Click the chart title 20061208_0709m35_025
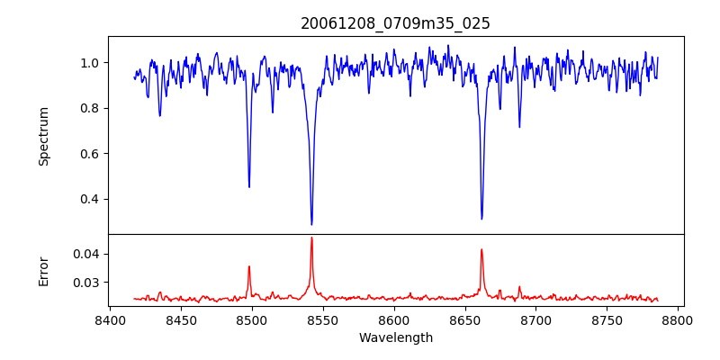(395, 23)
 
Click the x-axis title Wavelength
(395, 338)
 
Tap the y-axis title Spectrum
(43, 136)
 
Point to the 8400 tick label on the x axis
(110, 320)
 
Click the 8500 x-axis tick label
(252, 320)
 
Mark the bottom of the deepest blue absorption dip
(311, 224)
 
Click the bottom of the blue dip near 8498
(249, 186)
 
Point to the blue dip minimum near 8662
(481, 219)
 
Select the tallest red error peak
(311, 238)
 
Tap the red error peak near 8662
(481, 249)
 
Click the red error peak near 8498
(249, 266)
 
